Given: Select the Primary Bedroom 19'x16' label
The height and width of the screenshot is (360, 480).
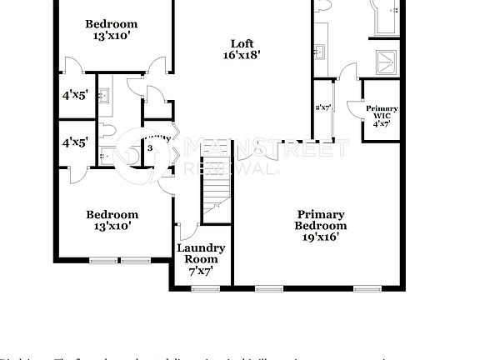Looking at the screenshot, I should [321, 225].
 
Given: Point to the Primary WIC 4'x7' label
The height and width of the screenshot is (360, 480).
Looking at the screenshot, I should [382, 115].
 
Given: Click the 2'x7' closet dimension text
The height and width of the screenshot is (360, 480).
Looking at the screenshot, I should [322, 107].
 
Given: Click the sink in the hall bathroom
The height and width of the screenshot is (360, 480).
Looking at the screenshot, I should [103, 93].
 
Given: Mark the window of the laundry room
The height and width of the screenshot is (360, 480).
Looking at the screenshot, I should [202, 288].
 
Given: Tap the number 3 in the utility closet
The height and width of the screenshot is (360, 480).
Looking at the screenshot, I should [150, 148].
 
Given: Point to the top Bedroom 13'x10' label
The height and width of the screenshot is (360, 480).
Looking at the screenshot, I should [112, 30].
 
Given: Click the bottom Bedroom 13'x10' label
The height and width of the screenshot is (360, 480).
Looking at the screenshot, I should [112, 220].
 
